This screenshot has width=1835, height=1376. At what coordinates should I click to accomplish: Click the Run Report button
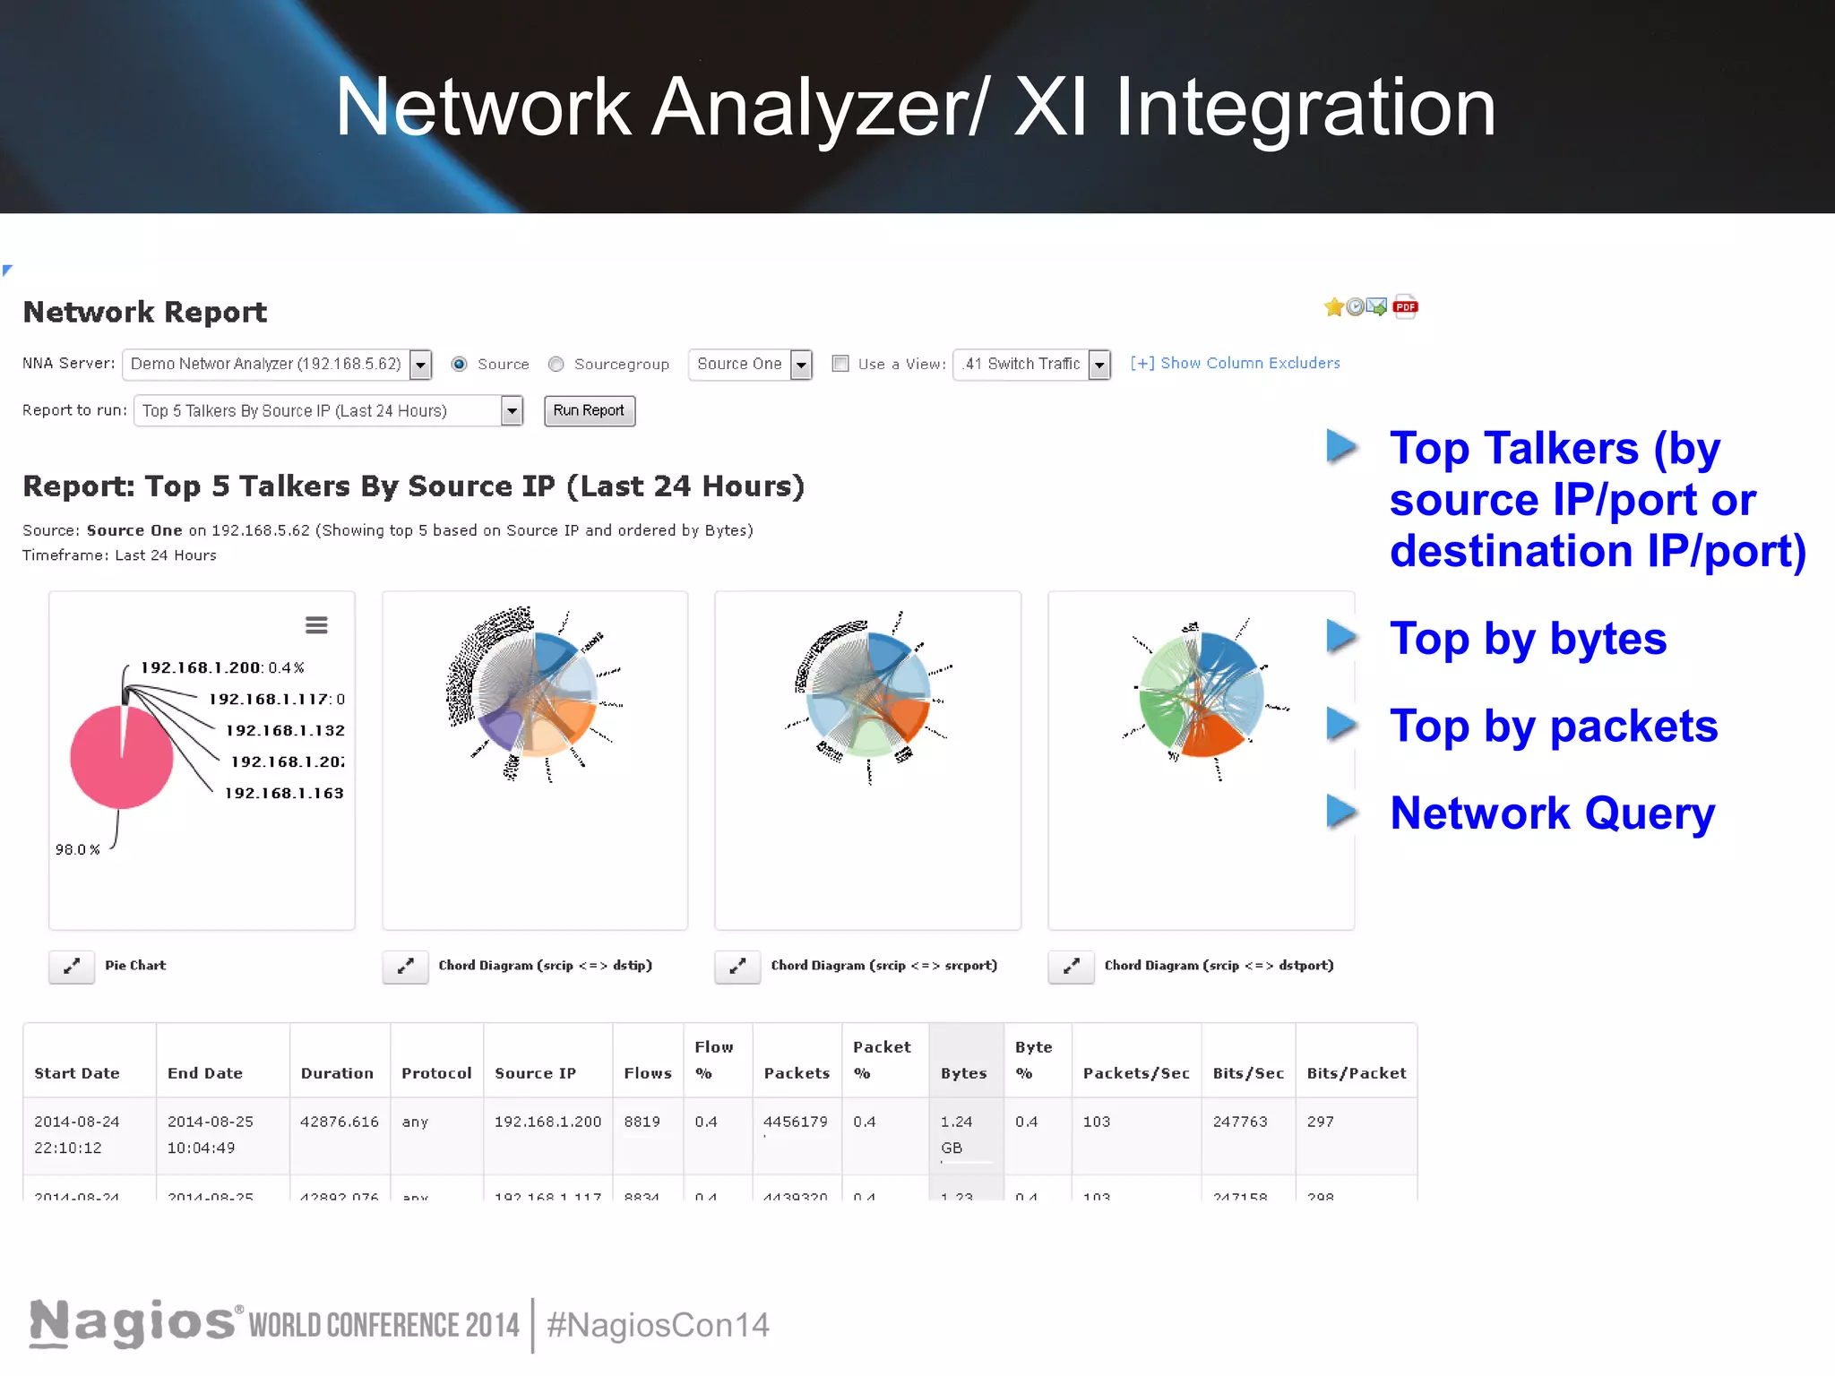(x=589, y=410)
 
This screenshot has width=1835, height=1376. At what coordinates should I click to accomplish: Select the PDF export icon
(x=1405, y=307)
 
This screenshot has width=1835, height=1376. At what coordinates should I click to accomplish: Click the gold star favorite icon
(x=1333, y=307)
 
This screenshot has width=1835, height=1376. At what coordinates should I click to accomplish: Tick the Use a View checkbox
(x=840, y=364)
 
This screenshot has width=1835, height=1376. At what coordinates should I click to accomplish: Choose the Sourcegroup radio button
(x=556, y=364)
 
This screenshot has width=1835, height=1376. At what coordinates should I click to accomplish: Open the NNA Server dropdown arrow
(x=420, y=365)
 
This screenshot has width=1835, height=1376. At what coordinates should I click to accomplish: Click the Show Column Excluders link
(x=1235, y=363)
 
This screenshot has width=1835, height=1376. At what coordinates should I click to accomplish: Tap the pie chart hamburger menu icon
(x=316, y=624)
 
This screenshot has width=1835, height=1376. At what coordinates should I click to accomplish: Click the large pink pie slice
(x=116, y=761)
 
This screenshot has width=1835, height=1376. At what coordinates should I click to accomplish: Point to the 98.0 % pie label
(x=77, y=849)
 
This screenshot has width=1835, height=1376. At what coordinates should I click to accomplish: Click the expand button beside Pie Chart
(x=72, y=966)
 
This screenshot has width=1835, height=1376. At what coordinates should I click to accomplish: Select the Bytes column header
(x=964, y=1073)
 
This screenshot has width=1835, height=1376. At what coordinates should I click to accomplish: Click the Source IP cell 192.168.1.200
(x=547, y=1122)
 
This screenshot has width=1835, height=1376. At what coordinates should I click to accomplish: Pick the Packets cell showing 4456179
(x=796, y=1122)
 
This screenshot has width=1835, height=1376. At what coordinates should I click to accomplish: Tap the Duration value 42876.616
(x=340, y=1122)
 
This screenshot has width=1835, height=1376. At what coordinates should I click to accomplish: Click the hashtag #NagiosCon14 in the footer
(x=658, y=1325)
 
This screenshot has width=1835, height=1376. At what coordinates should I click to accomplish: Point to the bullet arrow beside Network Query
(x=1341, y=811)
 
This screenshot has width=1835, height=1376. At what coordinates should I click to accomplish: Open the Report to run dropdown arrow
(x=512, y=411)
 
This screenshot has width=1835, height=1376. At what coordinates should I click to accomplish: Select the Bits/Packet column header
(x=1356, y=1073)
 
